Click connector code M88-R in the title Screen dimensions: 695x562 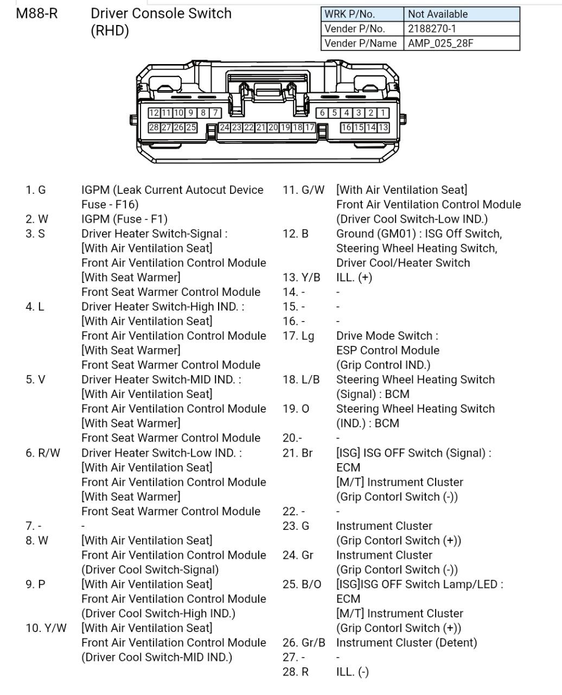37,14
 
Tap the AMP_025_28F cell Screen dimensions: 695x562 440,43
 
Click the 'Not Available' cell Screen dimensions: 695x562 437,14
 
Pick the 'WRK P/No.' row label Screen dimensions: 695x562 349,14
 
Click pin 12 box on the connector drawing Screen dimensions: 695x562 154,113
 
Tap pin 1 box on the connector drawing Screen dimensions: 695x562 383,113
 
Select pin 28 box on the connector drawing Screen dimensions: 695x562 154,128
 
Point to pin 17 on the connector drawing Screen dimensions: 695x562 309,128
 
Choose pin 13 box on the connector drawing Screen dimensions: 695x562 383,128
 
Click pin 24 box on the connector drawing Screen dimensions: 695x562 224,128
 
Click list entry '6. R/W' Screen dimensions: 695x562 43,453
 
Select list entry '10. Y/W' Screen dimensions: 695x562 46,628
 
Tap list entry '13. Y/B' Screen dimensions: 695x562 302,277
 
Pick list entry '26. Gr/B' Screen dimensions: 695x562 304,643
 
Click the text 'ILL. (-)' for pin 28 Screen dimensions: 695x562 353,672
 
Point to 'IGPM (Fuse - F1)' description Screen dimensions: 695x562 124,219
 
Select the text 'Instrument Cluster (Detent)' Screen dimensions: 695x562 406,643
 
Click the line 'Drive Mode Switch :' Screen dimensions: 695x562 387,336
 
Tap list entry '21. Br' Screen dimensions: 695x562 298,453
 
